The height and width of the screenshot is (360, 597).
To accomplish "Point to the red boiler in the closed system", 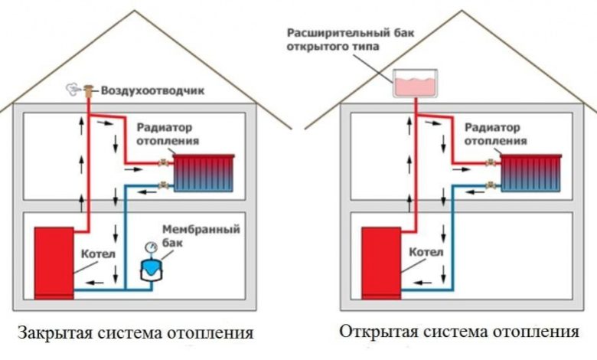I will (54, 261).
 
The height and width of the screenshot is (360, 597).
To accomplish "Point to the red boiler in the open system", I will (380, 261).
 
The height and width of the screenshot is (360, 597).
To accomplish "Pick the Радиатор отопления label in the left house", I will (168, 134).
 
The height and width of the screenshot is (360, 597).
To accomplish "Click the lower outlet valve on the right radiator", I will (490, 184).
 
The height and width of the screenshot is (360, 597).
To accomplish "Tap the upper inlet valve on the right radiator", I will (490, 162).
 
